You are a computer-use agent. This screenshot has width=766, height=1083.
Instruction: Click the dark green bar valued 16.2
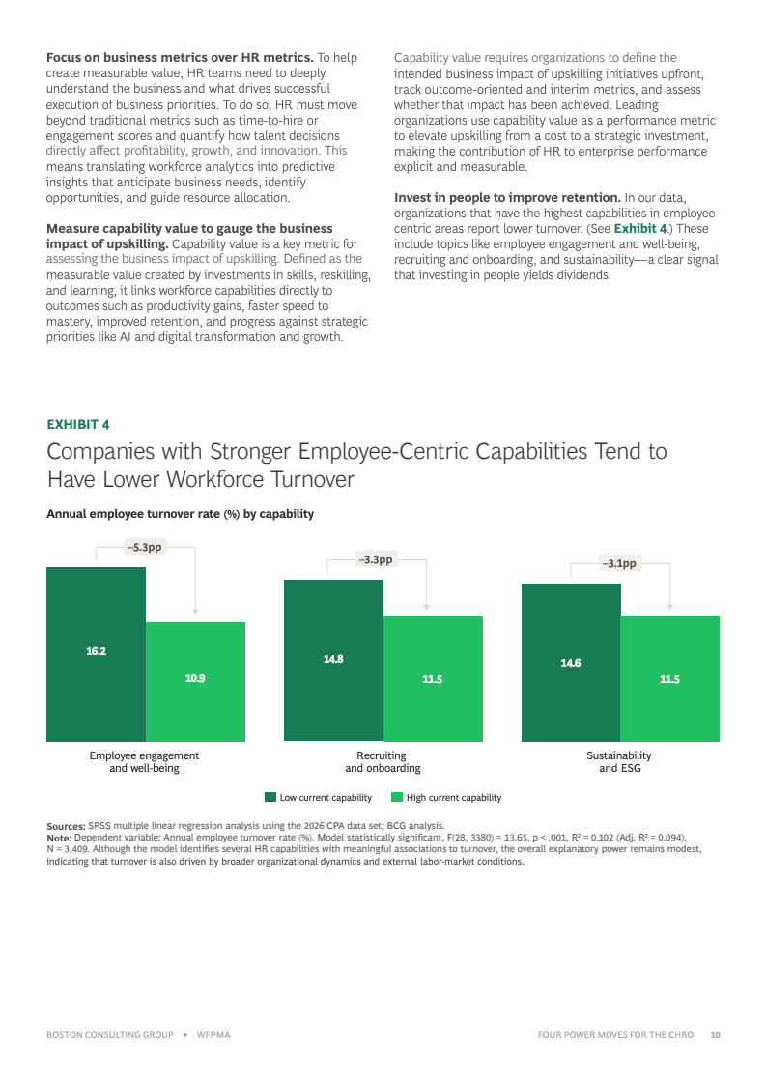coord(96,654)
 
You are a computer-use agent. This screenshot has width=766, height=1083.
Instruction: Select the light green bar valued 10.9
coord(195,682)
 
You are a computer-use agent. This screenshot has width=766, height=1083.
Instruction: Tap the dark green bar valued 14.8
coord(333,660)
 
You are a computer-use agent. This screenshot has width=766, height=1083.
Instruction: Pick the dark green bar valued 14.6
coord(571,663)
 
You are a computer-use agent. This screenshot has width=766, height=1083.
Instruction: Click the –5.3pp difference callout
coord(144,547)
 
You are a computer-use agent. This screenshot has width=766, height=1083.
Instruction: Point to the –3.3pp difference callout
coord(376,559)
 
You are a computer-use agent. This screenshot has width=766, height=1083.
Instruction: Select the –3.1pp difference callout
coord(619,563)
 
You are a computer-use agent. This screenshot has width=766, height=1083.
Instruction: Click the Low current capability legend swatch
coord(270,797)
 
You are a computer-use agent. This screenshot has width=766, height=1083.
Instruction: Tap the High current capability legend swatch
coord(396,797)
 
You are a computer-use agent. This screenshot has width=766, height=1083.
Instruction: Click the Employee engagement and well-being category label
coord(144,762)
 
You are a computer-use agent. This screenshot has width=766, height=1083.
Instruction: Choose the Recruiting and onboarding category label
coord(383,762)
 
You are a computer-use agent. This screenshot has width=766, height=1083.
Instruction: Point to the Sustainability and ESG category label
coord(619,762)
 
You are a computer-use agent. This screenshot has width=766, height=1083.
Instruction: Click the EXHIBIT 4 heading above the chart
coord(78,425)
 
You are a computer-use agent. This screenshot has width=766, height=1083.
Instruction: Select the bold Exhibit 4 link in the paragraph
coord(640,229)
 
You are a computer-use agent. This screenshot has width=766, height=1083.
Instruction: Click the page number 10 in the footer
coord(715,1035)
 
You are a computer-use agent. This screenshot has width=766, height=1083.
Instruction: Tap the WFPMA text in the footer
coord(213,1035)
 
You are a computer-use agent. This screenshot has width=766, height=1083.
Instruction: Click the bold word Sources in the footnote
coord(67,826)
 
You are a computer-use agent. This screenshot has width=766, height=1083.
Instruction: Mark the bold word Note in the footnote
coord(59,838)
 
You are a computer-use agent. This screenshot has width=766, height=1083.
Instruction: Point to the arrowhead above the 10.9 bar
coord(195,612)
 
